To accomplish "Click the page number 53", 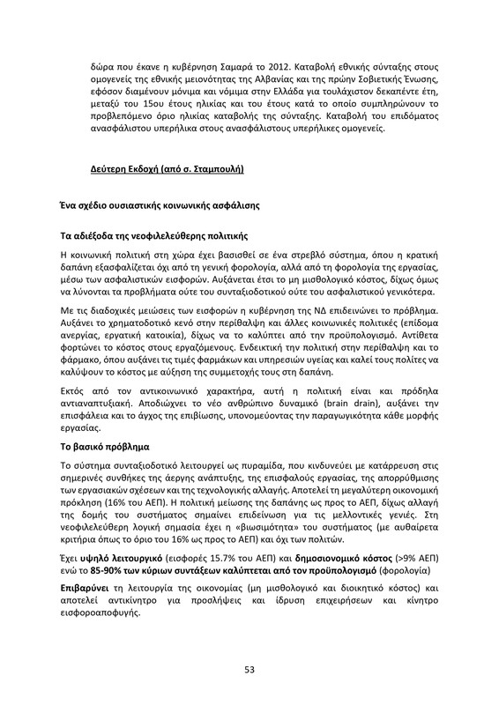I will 249,671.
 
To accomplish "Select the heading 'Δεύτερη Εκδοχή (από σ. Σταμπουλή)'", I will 168,167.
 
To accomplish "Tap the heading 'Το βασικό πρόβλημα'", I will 105,447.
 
